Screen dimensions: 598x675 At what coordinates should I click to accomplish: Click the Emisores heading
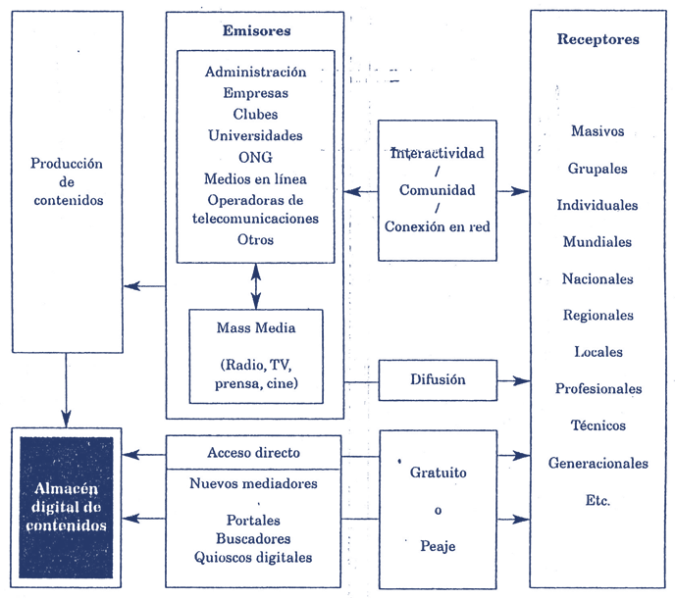tap(256, 31)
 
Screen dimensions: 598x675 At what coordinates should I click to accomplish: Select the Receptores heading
tap(597, 40)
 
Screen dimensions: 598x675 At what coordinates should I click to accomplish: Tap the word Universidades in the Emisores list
tap(255, 135)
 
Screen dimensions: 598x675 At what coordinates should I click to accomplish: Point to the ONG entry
tap(255, 157)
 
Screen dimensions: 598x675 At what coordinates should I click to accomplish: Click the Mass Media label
tap(255, 327)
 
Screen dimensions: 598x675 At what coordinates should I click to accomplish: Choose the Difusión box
tap(438, 379)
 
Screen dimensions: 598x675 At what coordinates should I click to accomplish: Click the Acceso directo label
tap(254, 453)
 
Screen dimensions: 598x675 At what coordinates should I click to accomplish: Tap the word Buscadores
tap(254, 538)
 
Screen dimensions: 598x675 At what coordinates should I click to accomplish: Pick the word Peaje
tap(437, 546)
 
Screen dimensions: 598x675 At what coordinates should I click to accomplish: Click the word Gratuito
tap(438, 473)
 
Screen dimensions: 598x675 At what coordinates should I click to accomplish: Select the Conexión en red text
tap(438, 226)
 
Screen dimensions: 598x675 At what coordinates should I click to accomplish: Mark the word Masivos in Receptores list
tap(597, 131)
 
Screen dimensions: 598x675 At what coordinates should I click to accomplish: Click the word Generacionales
tap(597, 463)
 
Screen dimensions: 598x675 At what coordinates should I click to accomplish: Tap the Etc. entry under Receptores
tap(597, 500)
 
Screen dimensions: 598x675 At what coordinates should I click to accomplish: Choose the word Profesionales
tap(597, 389)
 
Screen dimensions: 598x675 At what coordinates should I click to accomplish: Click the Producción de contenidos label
tap(67, 182)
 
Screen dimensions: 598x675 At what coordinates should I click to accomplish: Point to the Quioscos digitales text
tap(254, 558)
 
